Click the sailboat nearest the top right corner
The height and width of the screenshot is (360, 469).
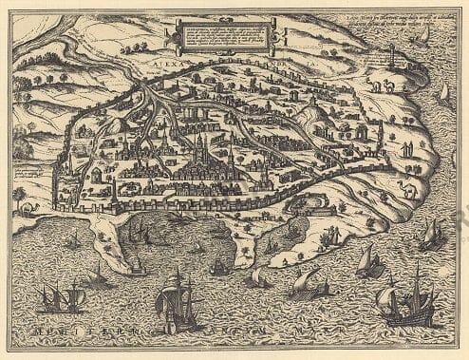click(x=423, y=35)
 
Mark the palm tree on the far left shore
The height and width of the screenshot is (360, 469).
click(x=19, y=196)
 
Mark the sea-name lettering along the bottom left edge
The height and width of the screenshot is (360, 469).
click(x=85, y=342)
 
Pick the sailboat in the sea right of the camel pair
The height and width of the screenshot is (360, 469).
click(x=441, y=92)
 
